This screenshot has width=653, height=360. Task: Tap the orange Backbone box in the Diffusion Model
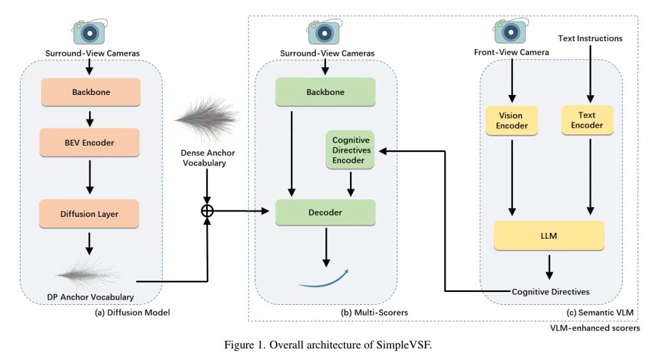(x=90, y=92)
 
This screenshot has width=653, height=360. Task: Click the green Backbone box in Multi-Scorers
(x=325, y=92)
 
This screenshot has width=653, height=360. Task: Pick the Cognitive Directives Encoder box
(x=349, y=150)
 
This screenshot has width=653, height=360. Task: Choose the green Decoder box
(x=325, y=212)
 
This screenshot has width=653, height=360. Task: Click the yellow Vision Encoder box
(x=512, y=121)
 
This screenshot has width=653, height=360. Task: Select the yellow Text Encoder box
(x=587, y=121)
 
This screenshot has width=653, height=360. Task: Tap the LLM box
(x=549, y=236)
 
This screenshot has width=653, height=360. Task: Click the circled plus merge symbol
(x=207, y=210)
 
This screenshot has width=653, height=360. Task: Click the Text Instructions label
(x=590, y=39)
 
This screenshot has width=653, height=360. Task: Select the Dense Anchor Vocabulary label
(x=206, y=159)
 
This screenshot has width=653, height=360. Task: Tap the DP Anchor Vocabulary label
(x=90, y=296)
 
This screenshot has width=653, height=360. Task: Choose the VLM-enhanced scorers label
(x=595, y=328)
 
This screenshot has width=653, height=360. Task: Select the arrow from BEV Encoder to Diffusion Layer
(x=90, y=173)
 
